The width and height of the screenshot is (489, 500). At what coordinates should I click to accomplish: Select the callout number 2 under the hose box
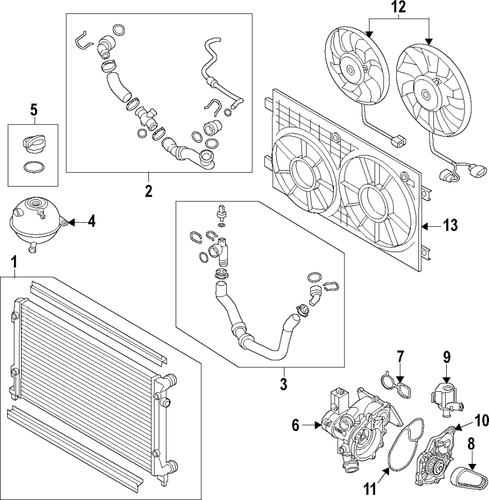click(148, 191)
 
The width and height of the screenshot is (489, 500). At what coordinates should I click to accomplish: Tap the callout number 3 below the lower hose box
click(283, 384)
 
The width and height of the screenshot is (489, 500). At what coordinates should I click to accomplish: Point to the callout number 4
click(91, 222)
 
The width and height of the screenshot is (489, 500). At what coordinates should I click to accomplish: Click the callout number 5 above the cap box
click(33, 109)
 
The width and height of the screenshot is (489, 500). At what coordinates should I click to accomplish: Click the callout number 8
click(472, 444)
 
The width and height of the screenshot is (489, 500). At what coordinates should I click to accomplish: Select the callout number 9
click(446, 357)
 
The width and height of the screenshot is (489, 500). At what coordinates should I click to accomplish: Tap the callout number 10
click(481, 421)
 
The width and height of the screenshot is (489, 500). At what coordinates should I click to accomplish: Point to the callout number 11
click(370, 489)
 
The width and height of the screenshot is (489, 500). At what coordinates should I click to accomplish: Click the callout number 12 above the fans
click(398, 8)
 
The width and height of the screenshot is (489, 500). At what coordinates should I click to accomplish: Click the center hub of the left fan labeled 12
click(351, 71)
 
